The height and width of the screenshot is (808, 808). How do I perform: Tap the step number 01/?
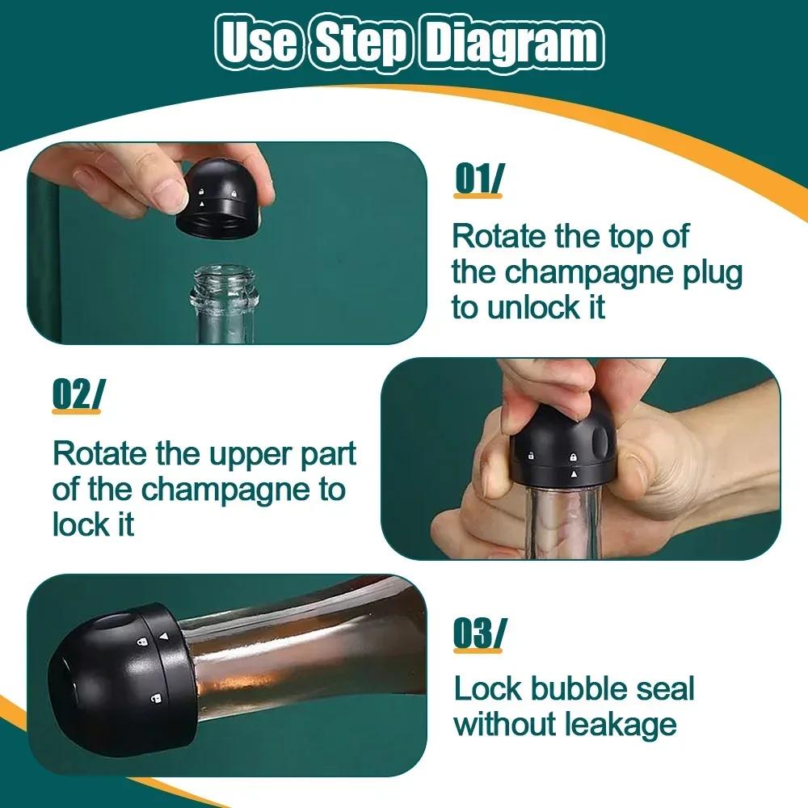pyautogui.click(x=478, y=179)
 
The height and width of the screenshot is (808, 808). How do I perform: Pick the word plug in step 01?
pyautogui.click(x=710, y=272)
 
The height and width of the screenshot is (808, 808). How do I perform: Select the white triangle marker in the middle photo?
pyautogui.click(x=574, y=476)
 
